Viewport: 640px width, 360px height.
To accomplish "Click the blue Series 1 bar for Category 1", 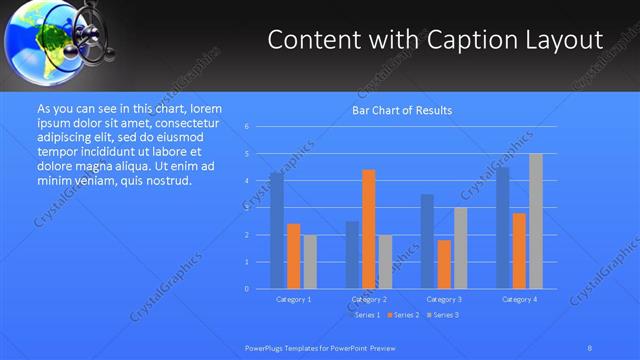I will [277, 231].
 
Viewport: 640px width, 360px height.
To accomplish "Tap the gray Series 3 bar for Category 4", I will [536, 221].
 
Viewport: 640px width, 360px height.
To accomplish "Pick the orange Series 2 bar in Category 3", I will [444, 264].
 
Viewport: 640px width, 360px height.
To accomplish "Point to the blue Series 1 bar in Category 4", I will [503, 228].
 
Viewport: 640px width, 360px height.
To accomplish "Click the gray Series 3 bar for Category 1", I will [310, 262].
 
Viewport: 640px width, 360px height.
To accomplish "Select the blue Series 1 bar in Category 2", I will [352, 255].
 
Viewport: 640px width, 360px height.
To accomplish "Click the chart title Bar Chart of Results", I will [402, 110].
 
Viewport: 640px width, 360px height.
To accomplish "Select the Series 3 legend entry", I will [443, 315].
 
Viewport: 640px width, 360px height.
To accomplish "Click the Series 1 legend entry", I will [365, 315].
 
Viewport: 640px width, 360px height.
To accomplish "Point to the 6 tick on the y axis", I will [246, 127].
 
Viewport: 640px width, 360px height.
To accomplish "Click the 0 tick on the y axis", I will [246, 289].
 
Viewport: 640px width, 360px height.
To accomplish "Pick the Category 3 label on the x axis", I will [444, 299].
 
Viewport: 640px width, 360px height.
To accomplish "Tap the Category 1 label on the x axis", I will [293, 299].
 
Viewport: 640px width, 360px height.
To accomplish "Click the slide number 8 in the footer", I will [590, 347].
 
